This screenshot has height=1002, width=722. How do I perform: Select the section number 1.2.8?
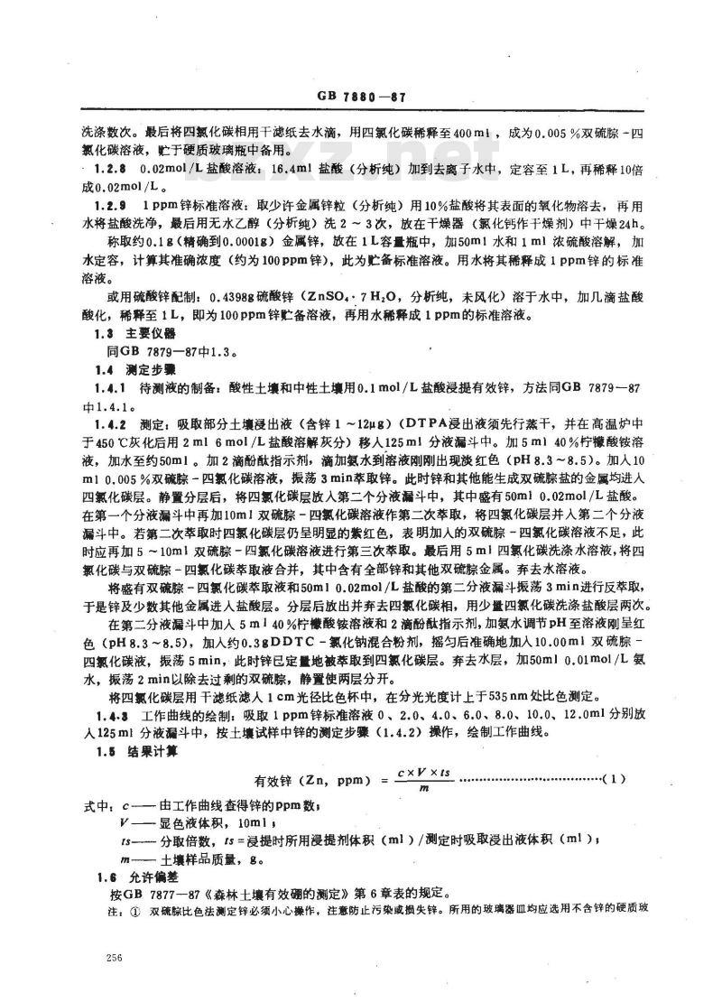(x=123, y=169)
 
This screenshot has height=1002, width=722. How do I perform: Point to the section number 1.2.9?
(x=123, y=206)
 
